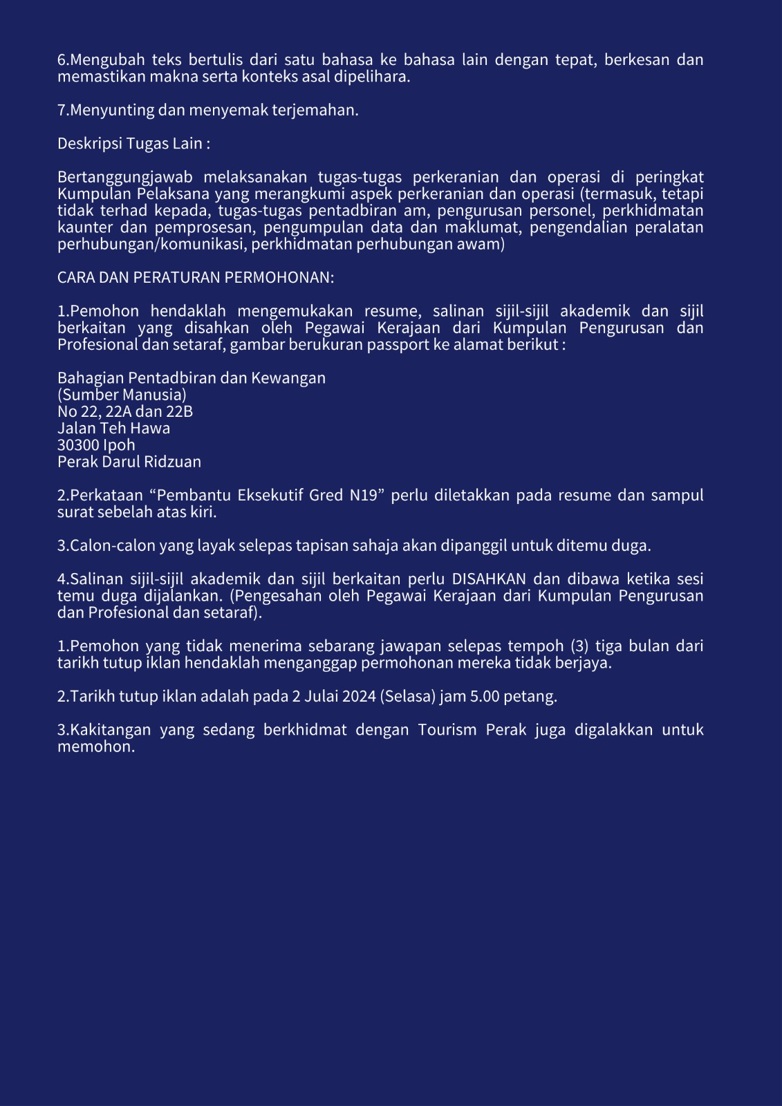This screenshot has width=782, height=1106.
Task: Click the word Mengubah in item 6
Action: (x=107, y=60)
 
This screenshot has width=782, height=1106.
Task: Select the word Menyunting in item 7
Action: (x=112, y=110)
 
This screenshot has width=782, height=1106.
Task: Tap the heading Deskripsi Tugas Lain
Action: (x=133, y=144)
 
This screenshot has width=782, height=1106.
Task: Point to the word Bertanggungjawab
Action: (x=124, y=178)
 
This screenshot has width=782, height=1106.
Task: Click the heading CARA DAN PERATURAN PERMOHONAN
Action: (x=196, y=277)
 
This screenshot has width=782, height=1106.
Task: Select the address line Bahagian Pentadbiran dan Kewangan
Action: (x=191, y=378)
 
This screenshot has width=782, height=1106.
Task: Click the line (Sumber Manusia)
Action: (x=122, y=395)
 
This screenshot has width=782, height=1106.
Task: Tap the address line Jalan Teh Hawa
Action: (x=113, y=429)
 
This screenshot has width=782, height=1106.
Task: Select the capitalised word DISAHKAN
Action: (x=489, y=579)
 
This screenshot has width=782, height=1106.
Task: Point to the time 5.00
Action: (x=484, y=696)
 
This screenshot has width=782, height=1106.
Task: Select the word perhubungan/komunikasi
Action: (x=152, y=245)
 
